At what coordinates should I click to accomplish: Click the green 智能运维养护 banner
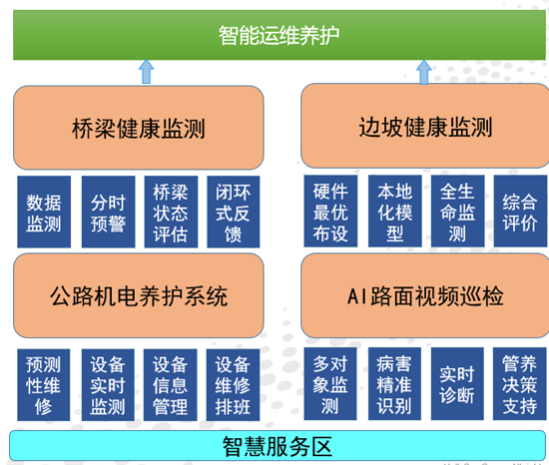pos(278,36)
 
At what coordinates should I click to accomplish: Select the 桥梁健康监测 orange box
pos(139,128)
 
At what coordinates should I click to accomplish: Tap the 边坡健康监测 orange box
pos(424,127)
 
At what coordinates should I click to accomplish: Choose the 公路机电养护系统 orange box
pos(139,295)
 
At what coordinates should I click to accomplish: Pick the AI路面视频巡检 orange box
pos(424,295)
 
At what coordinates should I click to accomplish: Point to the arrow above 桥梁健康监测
pos(146,71)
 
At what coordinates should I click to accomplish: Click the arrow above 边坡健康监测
pos(425,71)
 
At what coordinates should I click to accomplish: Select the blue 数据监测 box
pos(43,212)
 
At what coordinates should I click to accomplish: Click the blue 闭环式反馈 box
pos(232,212)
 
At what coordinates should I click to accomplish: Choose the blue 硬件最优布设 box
pos(329,212)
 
